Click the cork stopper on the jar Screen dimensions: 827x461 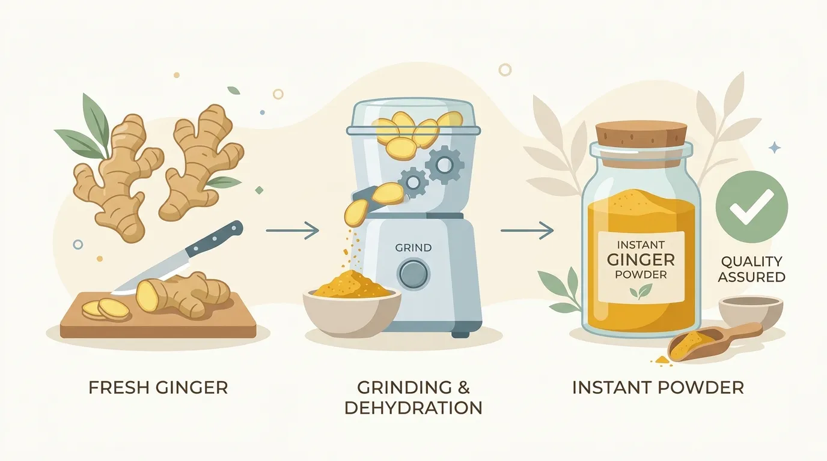(x=641, y=134)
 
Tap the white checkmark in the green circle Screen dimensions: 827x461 (x=751, y=207)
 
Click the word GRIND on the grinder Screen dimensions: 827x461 (x=413, y=248)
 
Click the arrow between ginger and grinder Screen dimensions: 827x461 (x=292, y=230)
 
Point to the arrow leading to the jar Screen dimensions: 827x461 (x=527, y=230)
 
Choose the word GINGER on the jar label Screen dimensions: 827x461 (x=641, y=260)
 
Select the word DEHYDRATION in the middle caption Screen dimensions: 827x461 (x=413, y=408)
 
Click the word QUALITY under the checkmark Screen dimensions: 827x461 (x=751, y=262)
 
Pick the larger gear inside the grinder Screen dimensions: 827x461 (x=444, y=164)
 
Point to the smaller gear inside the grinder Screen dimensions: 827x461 (x=413, y=182)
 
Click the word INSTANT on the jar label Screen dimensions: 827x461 (x=641, y=244)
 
